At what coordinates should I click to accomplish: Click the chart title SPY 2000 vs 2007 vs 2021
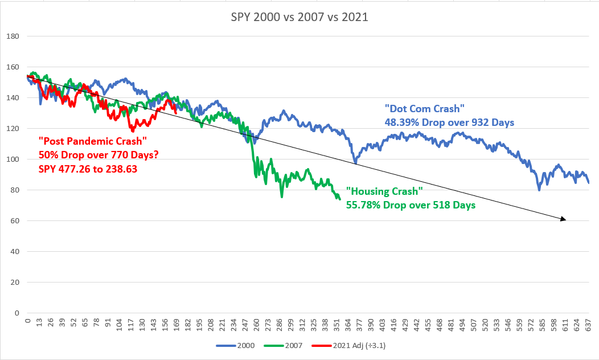299,17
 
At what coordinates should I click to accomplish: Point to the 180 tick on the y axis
13,36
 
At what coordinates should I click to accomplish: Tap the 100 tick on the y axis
13,159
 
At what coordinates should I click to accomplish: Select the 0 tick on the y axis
17,313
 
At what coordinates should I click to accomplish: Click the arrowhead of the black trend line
563,219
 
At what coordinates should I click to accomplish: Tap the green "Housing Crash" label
384,192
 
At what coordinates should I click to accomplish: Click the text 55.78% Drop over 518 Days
411,204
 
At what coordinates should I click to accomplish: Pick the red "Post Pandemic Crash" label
93,141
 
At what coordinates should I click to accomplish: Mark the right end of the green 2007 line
340,199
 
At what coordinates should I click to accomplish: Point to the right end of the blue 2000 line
589,183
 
